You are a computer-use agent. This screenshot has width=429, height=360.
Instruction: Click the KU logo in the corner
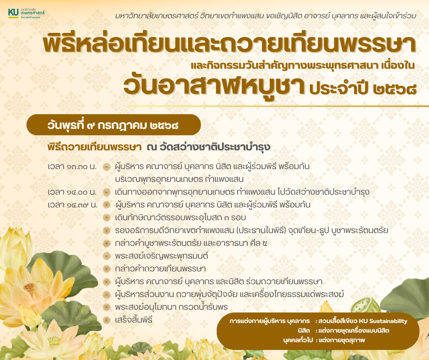click(26, 13)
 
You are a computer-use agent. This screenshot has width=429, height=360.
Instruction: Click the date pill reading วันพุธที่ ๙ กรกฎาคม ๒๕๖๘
click(114, 125)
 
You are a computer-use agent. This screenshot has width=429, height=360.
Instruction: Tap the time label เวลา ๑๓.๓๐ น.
click(72, 166)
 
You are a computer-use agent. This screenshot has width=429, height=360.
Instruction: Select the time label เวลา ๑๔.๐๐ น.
click(72, 192)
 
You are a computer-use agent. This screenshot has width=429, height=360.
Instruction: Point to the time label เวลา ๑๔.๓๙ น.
click(73, 205)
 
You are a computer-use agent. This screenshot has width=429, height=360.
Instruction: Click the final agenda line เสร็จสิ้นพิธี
click(134, 320)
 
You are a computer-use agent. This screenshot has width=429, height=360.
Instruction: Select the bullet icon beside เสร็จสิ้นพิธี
click(106, 320)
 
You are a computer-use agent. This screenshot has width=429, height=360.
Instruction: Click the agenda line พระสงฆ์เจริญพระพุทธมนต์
click(162, 256)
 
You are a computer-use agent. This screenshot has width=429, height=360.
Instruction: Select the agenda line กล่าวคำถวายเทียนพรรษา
click(160, 269)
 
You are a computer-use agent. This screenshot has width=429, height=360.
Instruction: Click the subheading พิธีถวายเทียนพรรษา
click(94, 147)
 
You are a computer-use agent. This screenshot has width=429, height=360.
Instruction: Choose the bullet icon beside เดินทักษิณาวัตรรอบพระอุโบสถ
click(106, 217)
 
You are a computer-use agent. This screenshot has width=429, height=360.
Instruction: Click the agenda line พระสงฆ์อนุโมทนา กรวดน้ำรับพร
click(171, 307)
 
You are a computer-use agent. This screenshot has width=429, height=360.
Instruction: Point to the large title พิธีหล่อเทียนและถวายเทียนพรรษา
click(229, 44)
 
